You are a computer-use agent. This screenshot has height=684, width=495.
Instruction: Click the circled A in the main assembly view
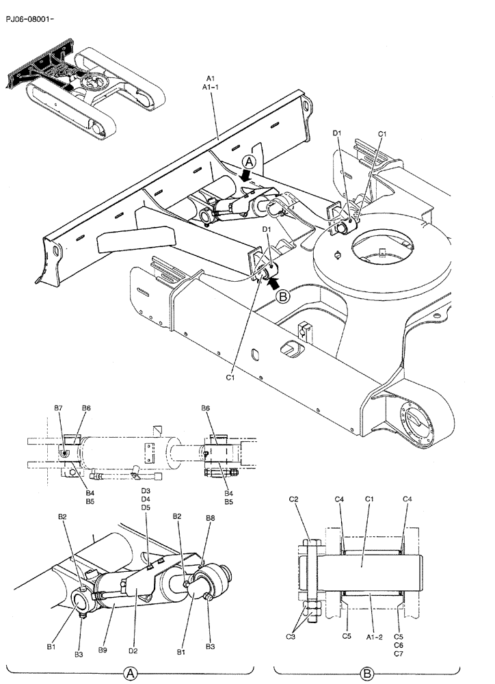pyautogui.click(x=250, y=162)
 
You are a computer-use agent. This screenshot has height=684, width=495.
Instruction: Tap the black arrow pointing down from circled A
pyautogui.click(x=247, y=176)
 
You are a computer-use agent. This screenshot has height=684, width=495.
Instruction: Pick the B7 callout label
pyautogui.click(x=59, y=408)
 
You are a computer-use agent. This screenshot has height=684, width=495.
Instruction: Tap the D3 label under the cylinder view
pyautogui.click(x=146, y=491)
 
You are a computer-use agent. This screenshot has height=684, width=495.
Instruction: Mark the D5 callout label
pyautogui.click(x=146, y=508)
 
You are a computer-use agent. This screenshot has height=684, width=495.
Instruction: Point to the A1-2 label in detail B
pyautogui.click(x=374, y=636)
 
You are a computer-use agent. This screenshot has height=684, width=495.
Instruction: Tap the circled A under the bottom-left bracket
pyautogui.click(x=133, y=674)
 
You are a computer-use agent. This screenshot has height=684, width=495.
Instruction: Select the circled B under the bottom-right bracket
pyautogui.click(x=366, y=674)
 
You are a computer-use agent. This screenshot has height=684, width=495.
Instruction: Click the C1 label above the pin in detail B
pyautogui.click(x=368, y=499)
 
